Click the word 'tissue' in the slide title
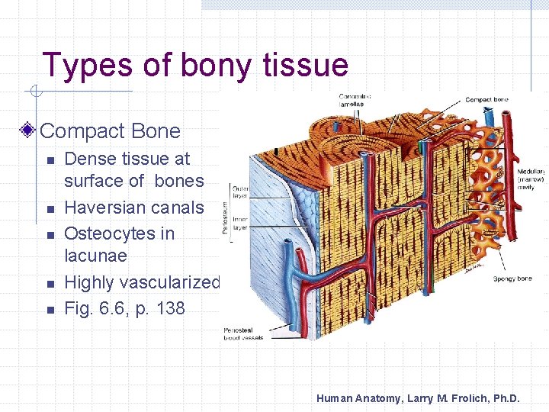[305, 66]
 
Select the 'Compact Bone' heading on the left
[111, 130]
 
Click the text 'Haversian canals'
[134, 208]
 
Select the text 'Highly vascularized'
[142, 282]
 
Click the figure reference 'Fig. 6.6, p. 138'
[125, 308]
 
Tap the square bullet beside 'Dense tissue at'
[48, 160]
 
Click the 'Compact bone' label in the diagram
[486, 99]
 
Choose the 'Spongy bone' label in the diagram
[512, 278]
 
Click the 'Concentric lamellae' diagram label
[355, 100]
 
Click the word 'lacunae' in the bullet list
[95, 256]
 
